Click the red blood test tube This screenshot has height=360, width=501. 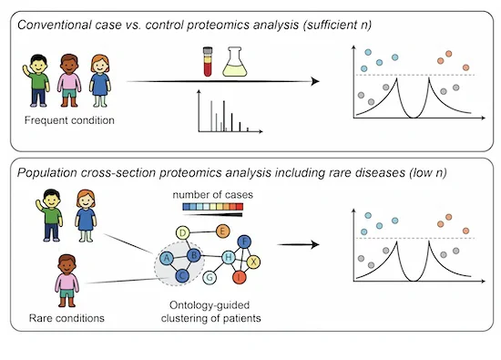[208, 62]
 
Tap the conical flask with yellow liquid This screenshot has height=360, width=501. [235, 62]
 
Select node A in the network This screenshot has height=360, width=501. [166, 258]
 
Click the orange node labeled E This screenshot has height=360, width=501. [222, 231]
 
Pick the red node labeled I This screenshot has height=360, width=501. [240, 277]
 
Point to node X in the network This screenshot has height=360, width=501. [253, 262]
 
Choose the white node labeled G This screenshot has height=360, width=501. [210, 277]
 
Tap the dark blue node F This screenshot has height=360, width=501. [244, 242]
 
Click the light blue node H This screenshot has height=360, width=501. [229, 257]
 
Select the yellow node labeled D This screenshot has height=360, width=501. [183, 233]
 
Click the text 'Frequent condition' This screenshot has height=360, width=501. [69, 120]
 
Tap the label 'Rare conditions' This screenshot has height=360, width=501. [66, 318]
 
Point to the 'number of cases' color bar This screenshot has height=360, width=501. [213, 207]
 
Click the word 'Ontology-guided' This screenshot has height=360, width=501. [210, 305]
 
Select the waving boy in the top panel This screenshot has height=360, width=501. [36, 80]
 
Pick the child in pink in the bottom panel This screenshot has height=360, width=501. [66, 281]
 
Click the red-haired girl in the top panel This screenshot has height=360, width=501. [100, 80]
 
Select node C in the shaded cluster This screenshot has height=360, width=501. [182, 275]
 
